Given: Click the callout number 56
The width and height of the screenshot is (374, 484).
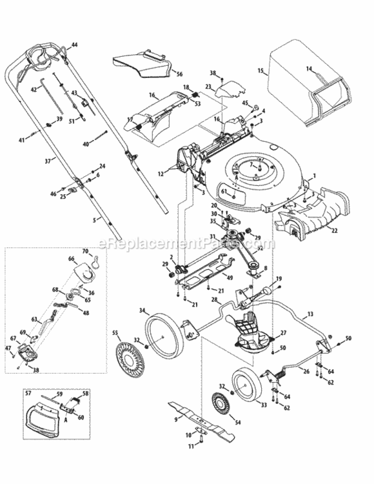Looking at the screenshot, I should click(179, 74).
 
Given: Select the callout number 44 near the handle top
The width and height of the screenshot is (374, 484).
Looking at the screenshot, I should click(74, 45).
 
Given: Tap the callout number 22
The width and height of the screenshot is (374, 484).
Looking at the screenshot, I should click(334, 229).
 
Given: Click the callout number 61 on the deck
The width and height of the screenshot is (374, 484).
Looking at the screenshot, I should click(224, 191).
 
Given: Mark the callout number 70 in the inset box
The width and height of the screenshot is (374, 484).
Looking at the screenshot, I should click(84, 250).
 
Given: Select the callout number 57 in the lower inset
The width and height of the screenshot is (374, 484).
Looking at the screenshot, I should click(28, 392).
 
